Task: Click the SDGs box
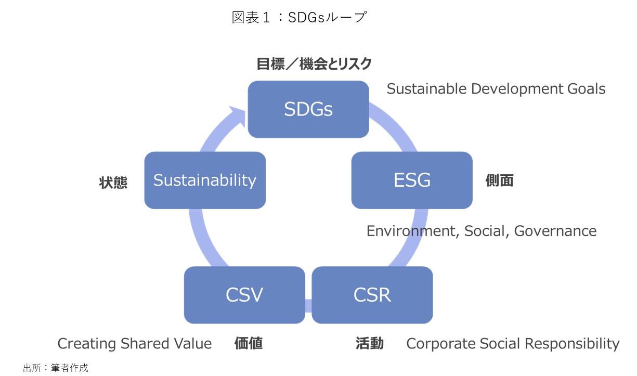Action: click(x=308, y=109)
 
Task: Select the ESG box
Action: click(x=412, y=180)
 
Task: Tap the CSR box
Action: click(x=372, y=295)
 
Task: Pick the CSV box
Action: click(x=244, y=295)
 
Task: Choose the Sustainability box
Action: click(x=205, y=180)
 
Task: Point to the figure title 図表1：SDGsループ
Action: click(x=299, y=17)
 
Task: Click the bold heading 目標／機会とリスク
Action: click(x=314, y=64)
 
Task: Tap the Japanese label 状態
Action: click(x=113, y=183)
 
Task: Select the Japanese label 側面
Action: click(x=499, y=180)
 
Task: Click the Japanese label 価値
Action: click(x=248, y=343)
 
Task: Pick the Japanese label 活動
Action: click(x=370, y=343)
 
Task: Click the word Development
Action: click(x=517, y=89)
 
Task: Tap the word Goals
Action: click(x=587, y=89)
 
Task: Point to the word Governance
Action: click(x=555, y=231)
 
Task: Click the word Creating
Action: click(x=87, y=344)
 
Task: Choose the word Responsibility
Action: click(x=572, y=344)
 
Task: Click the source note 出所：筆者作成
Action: click(x=56, y=368)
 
